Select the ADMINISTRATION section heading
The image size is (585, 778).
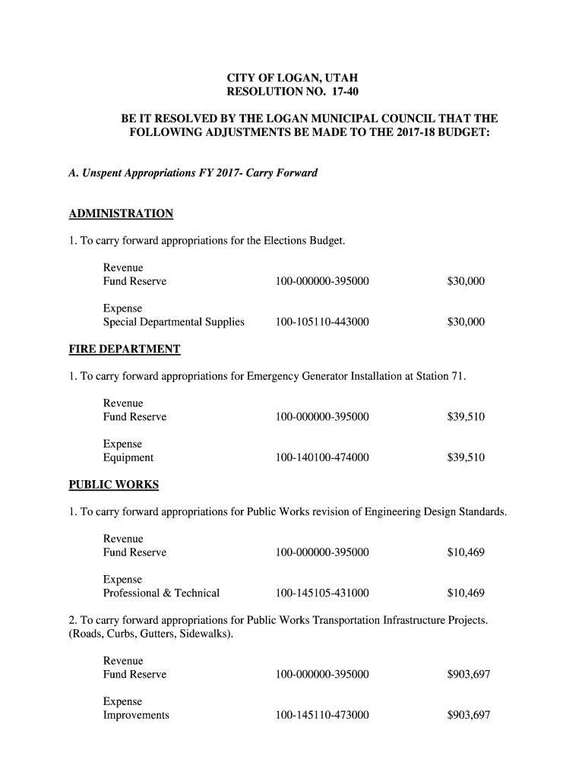pyautogui.click(x=121, y=213)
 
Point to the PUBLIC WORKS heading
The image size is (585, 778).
pyautogui.click(x=114, y=485)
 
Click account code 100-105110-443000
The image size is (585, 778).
pyautogui.click(x=322, y=322)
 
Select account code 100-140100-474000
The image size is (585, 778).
pyautogui.click(x=322, y=457)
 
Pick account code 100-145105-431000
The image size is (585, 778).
pyautogui.click(x=322, y=593)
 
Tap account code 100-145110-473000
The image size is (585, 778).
pyautogui.click(x=322, y=716)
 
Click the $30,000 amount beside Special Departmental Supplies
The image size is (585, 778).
pyautogui.click(x=466, y=322)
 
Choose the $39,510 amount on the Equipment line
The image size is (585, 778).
pyautogui.click(x=466, y=457)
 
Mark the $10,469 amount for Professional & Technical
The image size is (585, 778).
pyautogui.click(x=466, y=593)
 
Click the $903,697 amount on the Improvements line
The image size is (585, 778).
pyautogui.click(x=469, y=716)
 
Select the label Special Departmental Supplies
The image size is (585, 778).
pyautogui.click(x=174, y=322)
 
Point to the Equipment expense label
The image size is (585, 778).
pyautogui.click(x=128, y=457)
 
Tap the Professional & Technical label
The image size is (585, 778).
pyautogui.click(x=161, y=593)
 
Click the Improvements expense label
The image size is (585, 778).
pyautogui.click(x=136, y=716)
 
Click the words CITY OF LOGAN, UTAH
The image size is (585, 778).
pyautogui.click(x=292, y=78)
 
